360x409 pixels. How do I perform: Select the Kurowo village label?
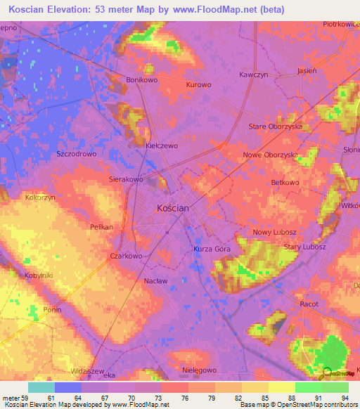(x=198, y=85)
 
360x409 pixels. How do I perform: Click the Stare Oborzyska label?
(x=276, y=126)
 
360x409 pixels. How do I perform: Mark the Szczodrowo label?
(x=76, y=153)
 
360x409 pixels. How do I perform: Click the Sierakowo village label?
(x=126, y=180)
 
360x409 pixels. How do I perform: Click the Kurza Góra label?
(x=212, y=249)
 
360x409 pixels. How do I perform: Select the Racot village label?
(x=309, y=304)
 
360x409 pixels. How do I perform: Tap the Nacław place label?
(x=155, y=281)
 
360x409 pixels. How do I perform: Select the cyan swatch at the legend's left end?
(x=41, y=387)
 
